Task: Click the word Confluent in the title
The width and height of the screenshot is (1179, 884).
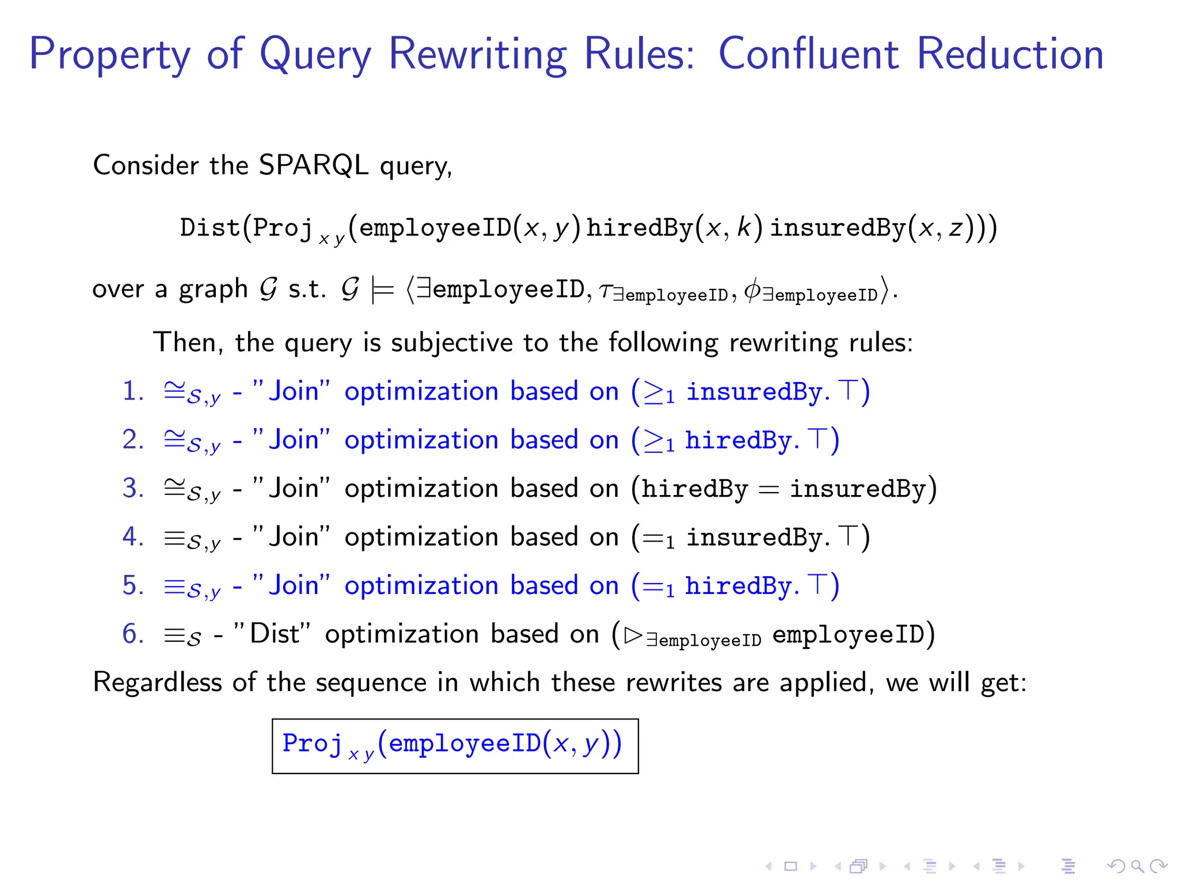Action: pos(808,54)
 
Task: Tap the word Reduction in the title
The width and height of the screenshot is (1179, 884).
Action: pos(1010,54)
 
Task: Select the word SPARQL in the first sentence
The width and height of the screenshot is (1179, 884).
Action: pos(313,166)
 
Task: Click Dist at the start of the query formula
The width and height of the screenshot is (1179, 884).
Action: pos(210,228)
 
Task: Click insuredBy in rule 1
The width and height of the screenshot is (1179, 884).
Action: pos(758,392)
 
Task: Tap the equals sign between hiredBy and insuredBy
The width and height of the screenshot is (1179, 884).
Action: pos(769,490)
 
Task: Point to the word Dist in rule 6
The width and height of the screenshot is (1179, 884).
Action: pos(274,634)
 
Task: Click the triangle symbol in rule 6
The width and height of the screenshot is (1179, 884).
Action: pos(634,635)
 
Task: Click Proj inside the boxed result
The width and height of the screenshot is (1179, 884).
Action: pos(312,744)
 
